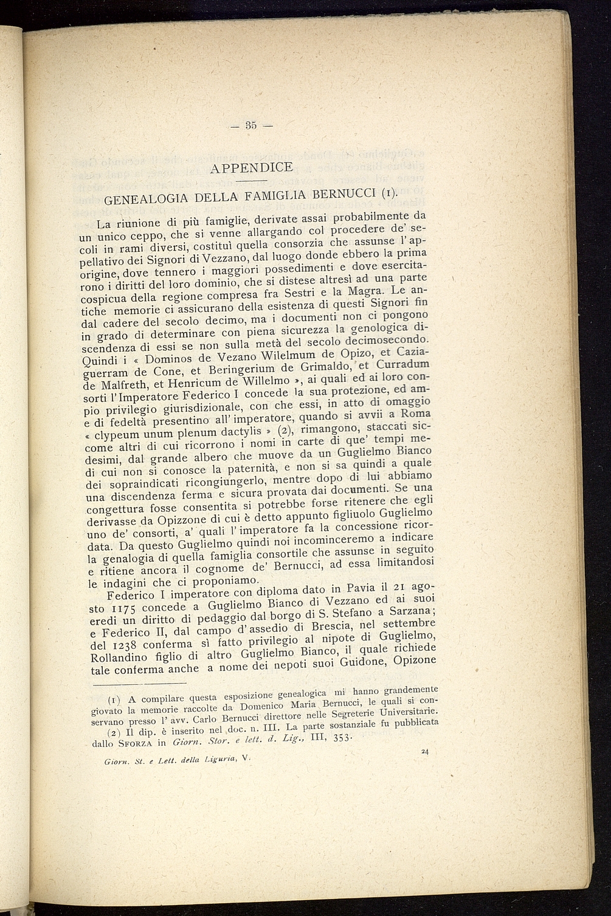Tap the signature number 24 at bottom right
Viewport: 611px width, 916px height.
click(425, 752)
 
